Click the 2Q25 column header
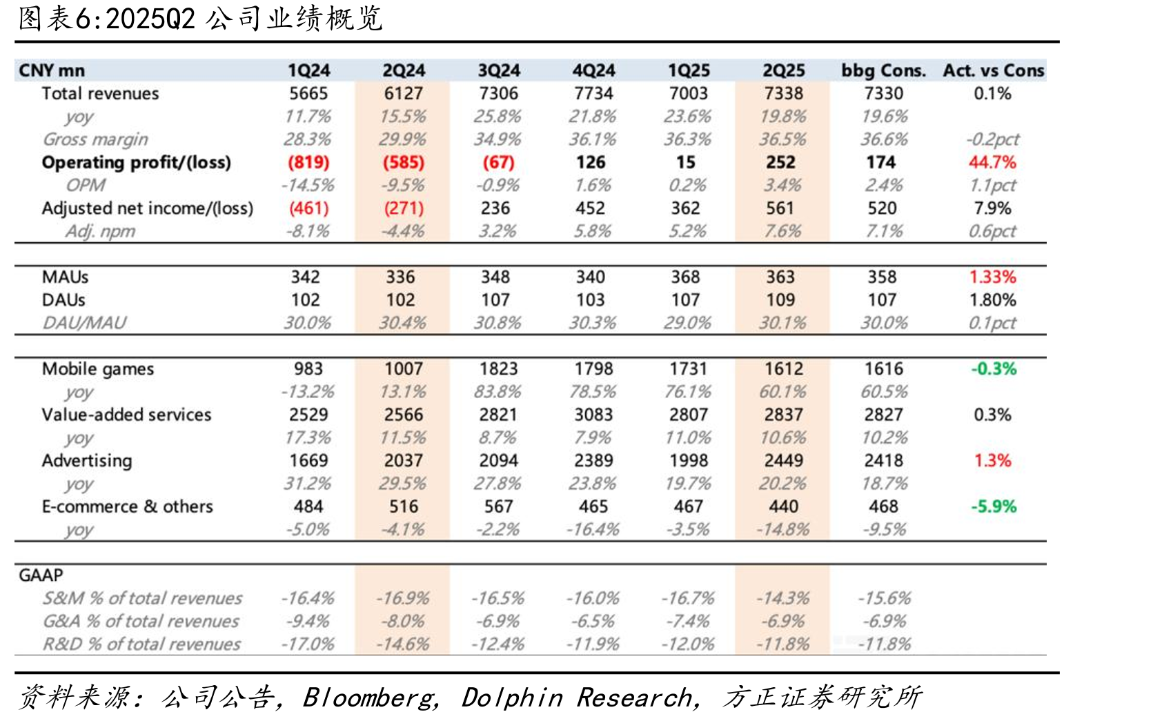tap(783, 70)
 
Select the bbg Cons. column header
tap(883, 70)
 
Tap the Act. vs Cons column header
tap(994, 70)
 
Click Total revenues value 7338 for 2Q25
tap(783, 93)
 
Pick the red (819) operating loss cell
tap(308, 162)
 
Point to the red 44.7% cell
tap(992, 162)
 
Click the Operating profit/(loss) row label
tap(137, 162)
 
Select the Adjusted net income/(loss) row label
tap(148, 208)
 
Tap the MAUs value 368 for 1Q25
tap(685, 277)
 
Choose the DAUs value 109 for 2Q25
tap(780, 299)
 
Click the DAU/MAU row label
tap(84, 323)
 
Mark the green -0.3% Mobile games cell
tap(994, 368)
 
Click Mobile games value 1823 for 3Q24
tap(498, 368)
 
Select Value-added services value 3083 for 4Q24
tap(593, 414)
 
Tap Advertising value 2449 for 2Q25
tap(783, 460)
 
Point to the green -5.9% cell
tap(994, 506)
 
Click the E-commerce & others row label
tap(127, 506)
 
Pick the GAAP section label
tap(41, 574)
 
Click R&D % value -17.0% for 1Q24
tap(308, 644)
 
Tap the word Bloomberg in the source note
tap(368, 698)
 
